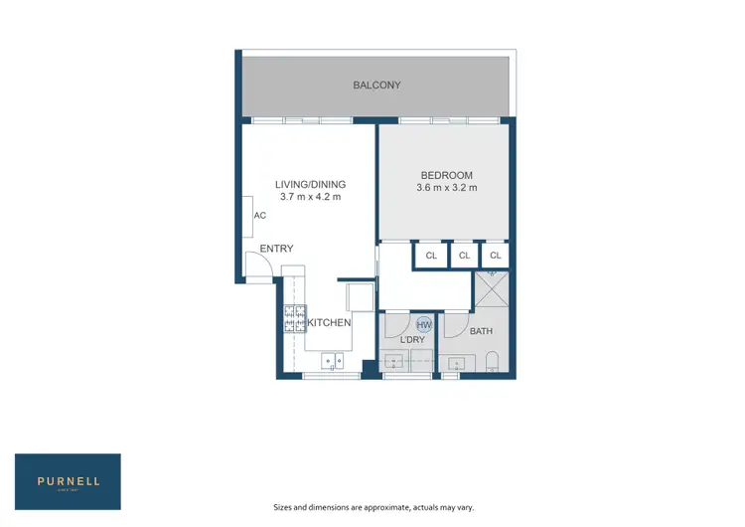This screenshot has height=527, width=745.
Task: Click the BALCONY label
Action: pos(376,86)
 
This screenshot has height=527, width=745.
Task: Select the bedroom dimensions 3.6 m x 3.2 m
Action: pos(447,188)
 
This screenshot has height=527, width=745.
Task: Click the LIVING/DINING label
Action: pos(310,184)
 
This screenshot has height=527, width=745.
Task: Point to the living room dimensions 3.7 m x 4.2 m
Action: pos(310,197)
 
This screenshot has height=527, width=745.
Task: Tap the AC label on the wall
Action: pos(259,216)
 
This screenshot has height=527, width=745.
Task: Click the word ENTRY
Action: pos(276,249)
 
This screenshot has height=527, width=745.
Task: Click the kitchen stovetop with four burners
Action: pos(295,318)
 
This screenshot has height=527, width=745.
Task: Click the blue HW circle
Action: pos(424,325)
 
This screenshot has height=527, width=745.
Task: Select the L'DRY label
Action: pos(412,340)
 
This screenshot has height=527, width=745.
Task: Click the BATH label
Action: pos(481,331)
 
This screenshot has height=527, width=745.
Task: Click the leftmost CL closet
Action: pos(430,257)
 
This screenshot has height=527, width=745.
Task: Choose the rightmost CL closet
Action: pos(495,257)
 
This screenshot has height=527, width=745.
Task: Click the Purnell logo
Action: pos(68,481)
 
